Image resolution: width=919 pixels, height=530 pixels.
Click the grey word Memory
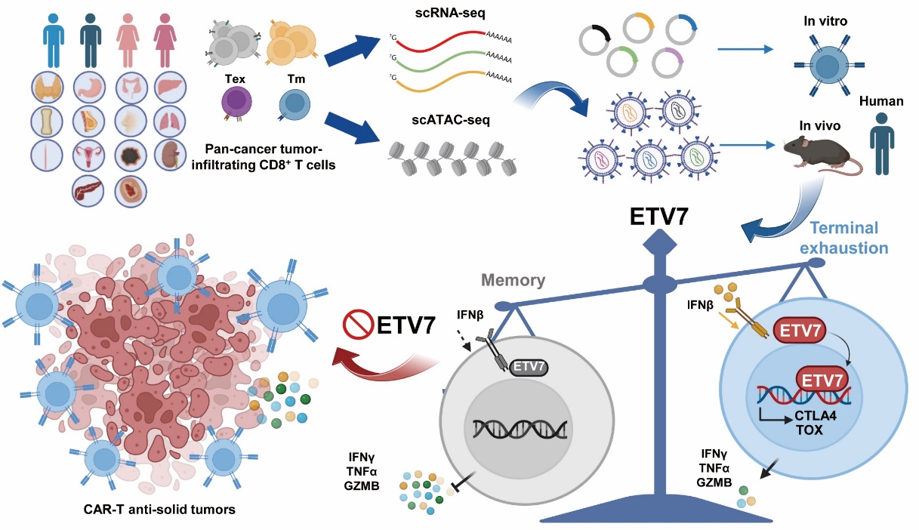tap(515, 280)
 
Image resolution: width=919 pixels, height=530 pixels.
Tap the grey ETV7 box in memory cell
tap(529, 368)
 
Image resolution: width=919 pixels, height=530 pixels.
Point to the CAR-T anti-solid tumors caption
tap(171, 509)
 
